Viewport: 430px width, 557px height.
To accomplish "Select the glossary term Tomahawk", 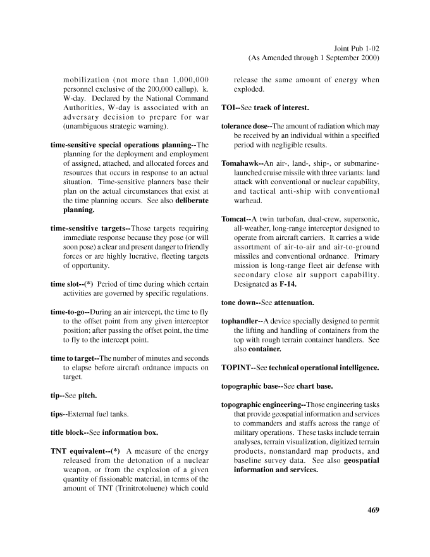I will tap(240, 163).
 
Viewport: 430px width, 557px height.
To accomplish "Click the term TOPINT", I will tap(237, 367).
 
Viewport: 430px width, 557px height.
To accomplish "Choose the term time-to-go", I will tap(69, 312).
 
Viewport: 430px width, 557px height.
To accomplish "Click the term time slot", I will tap(66, 284).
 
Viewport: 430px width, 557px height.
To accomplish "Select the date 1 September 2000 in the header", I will tap(343, 58).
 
